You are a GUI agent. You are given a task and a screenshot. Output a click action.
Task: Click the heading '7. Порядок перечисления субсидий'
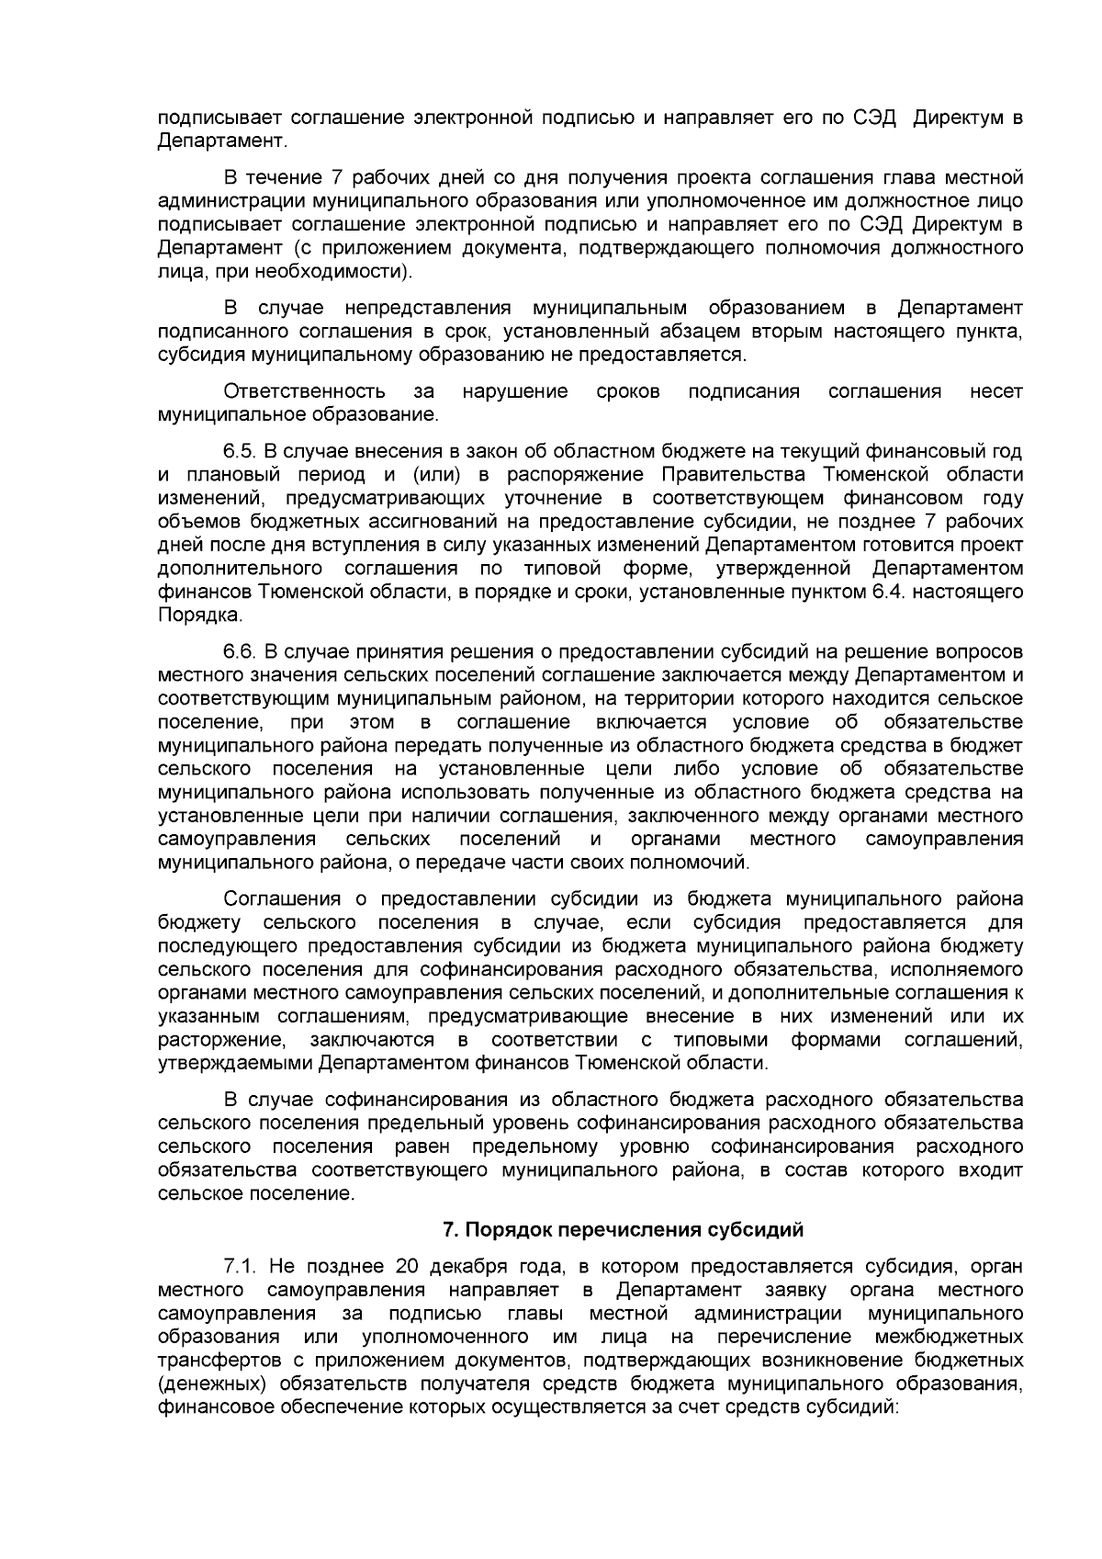tap(623, 1229)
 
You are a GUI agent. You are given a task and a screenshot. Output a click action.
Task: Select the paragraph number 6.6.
tap(241, 652)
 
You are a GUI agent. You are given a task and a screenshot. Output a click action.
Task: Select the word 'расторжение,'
tap(220, 1040)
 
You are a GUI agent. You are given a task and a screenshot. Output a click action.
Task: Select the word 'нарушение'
tap(515, 391)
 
